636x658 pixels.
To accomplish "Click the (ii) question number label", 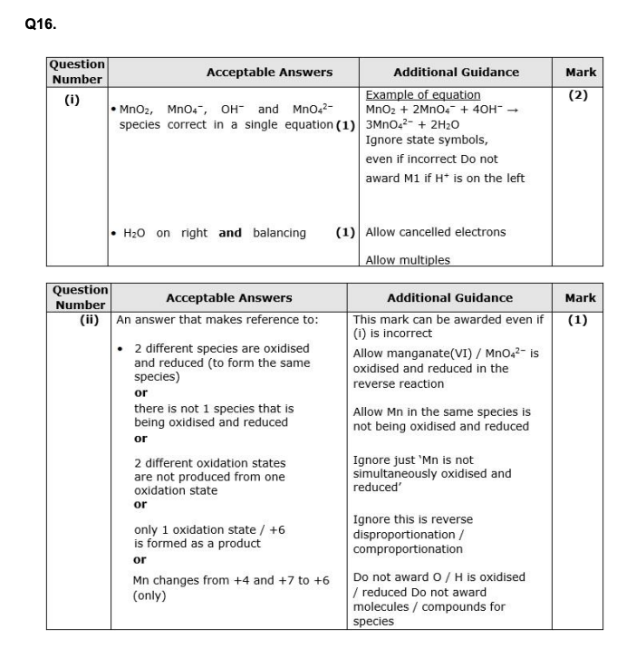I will coord(89,319).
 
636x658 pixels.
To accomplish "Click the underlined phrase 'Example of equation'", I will coord(422,94).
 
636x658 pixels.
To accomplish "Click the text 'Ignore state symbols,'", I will coord(426,140).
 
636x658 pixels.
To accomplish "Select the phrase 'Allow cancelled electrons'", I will coord(435,232).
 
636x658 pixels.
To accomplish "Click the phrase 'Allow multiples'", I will coord(407,260).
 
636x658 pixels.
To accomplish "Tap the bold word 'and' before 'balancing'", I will coord(230,233).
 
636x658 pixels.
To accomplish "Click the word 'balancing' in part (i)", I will coord(279,233).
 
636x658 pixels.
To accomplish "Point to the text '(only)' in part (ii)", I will coord(149,595).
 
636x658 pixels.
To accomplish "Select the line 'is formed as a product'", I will coord(197,543).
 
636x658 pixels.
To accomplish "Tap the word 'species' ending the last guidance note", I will coord(373,621).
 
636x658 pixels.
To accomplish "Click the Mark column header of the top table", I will coord(580,72).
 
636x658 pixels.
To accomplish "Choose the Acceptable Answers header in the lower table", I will coord(228,297).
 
